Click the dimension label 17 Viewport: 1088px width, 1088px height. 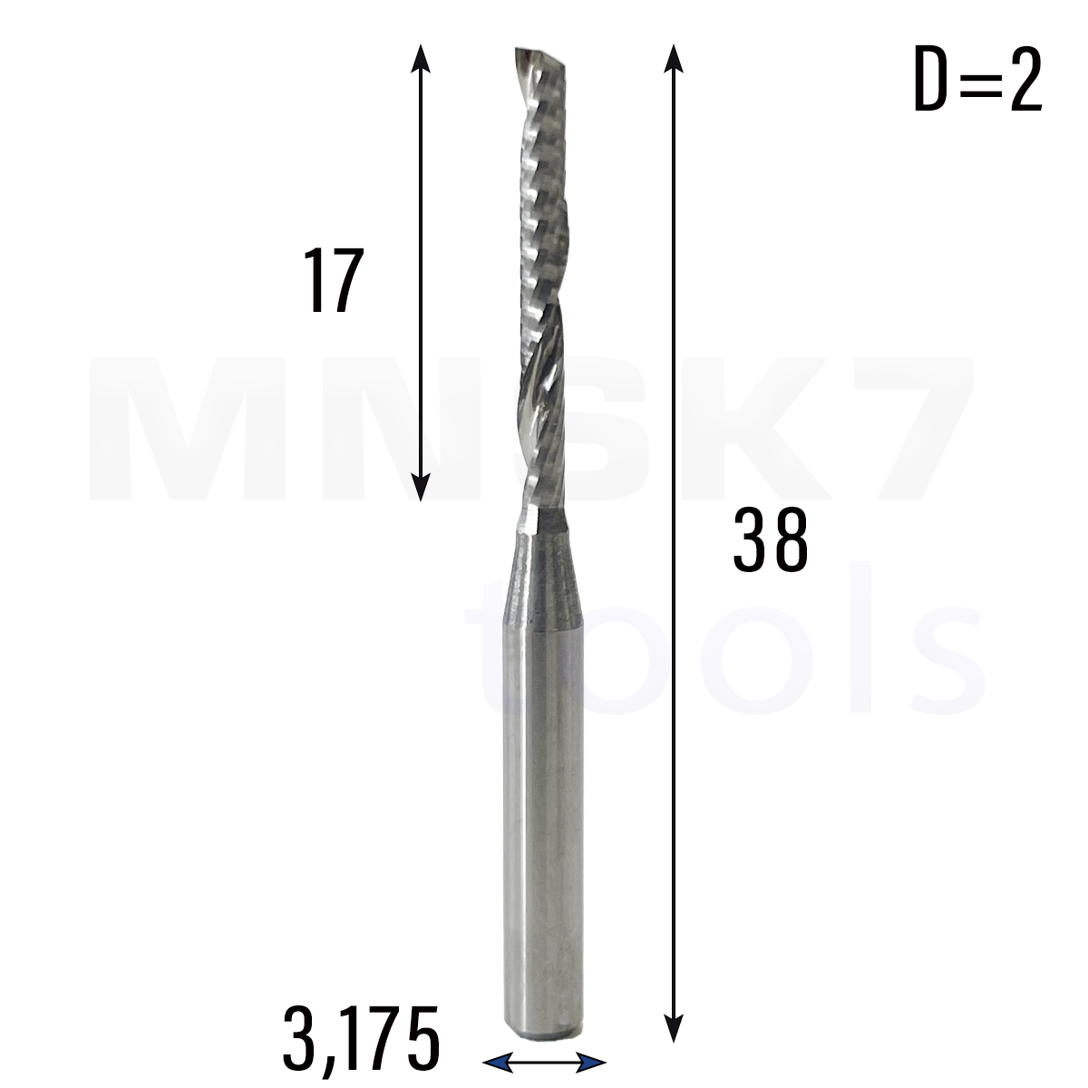[333, 280]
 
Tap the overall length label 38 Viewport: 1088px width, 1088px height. [770, 540]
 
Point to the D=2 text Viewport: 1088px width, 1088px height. [977, 80]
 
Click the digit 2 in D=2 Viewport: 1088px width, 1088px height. [1025, 80]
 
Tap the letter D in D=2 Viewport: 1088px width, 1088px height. [931, 80]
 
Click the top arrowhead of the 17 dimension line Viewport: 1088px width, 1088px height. [421, 58]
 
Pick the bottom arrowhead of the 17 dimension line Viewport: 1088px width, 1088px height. [421, 487]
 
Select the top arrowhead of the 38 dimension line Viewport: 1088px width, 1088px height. [673, 58]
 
